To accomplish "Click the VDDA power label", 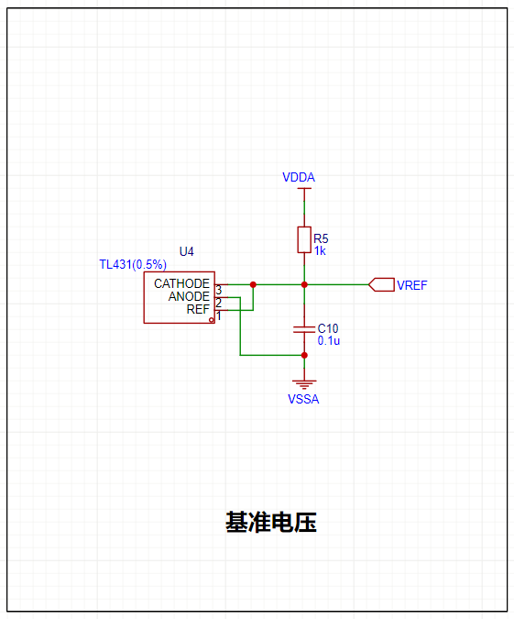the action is tap(299, 177).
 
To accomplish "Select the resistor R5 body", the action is tap(304, 239).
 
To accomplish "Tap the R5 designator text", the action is tap(321, 238).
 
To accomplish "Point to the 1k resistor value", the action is tap(320, 250).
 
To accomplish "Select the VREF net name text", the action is tap(411, 285).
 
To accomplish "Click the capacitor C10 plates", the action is tap(304, 329).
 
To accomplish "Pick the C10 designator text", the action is tap(328, 328).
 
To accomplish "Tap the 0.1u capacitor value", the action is tap(329, 340).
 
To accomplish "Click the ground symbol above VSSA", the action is tap(304, 383).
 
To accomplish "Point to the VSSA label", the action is tap(303, 399).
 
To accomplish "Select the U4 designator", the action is tap(187, 251).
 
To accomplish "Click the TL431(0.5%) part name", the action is tap(133, 264).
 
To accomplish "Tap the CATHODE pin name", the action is tap(181, 283).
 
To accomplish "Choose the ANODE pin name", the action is tap(189, 296).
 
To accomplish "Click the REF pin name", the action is tap(198, 309).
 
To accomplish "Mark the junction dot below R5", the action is tap(304, 284).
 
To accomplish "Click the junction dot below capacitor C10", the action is tap(304, 355).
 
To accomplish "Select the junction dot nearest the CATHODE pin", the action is tap(253, 284).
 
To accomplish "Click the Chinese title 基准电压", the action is tap(271, 522).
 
